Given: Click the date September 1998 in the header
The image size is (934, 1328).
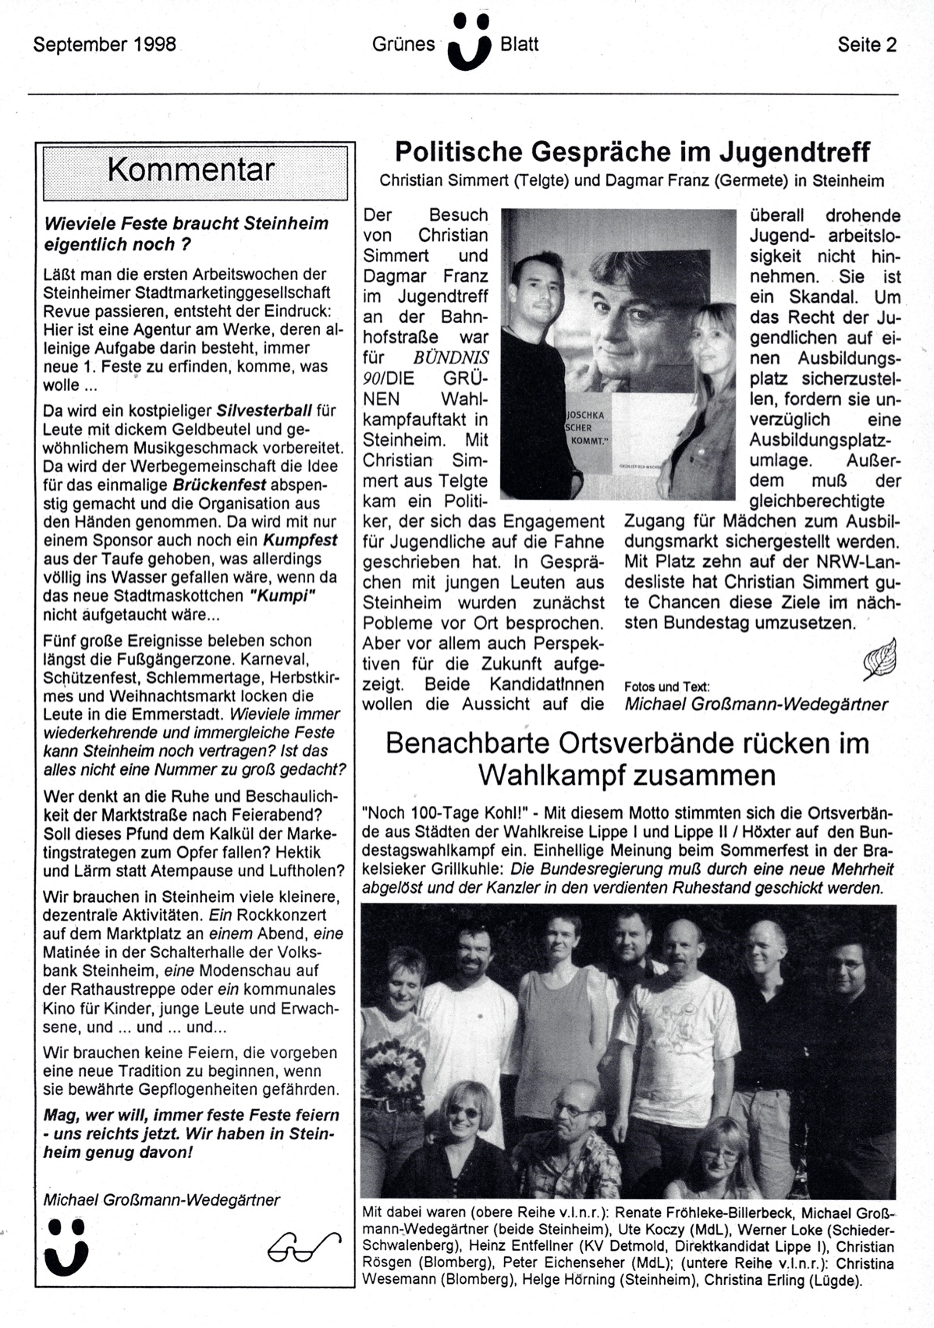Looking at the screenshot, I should coord(105,44).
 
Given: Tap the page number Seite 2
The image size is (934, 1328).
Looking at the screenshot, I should coord(867,44).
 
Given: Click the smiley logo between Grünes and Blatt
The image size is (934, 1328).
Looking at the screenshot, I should coord(469,43).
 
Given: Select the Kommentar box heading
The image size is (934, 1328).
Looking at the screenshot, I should coord(192,170).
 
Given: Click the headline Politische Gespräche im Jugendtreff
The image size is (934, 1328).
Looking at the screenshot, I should coord(632,151).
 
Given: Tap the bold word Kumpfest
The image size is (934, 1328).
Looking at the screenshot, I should coord(300,540).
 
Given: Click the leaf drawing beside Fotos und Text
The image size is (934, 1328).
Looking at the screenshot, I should coord(879,661).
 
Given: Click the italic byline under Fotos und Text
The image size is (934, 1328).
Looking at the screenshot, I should coord(755,705).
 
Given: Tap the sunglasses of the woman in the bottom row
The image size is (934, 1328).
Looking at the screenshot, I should coord(463,1111).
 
